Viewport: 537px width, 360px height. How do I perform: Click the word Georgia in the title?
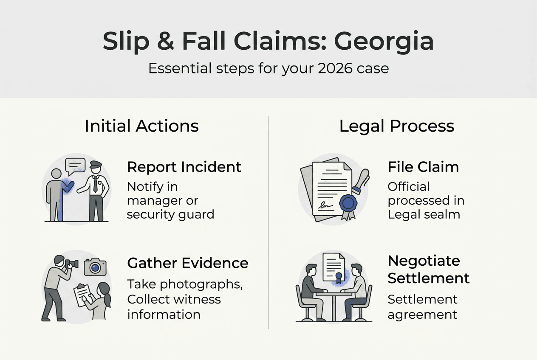coord(384,42)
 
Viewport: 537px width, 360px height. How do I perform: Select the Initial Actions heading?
coord(141,126)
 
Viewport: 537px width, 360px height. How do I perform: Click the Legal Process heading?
coord(396,126)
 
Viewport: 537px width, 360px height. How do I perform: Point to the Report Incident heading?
coord(184,167)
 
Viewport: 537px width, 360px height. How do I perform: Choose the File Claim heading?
coord(423,167)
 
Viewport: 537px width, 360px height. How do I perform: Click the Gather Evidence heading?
coord(188,263)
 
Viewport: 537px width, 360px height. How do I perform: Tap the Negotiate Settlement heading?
coord(428,270)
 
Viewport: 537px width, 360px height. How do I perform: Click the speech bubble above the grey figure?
coord(75,166)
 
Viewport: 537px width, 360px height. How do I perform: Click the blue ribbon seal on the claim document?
coord(348,203)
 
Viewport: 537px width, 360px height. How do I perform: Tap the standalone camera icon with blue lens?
coord(95,267)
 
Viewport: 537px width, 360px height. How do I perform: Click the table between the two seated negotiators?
coord(334,297)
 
